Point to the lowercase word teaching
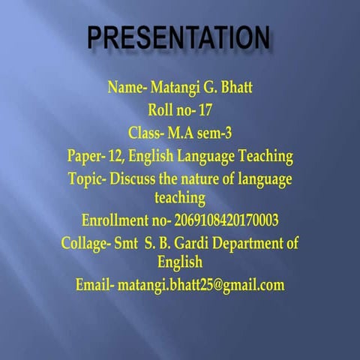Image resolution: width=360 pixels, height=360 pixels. coord(179,198)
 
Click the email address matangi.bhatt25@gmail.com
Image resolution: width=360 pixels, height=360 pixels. coord(201,285)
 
